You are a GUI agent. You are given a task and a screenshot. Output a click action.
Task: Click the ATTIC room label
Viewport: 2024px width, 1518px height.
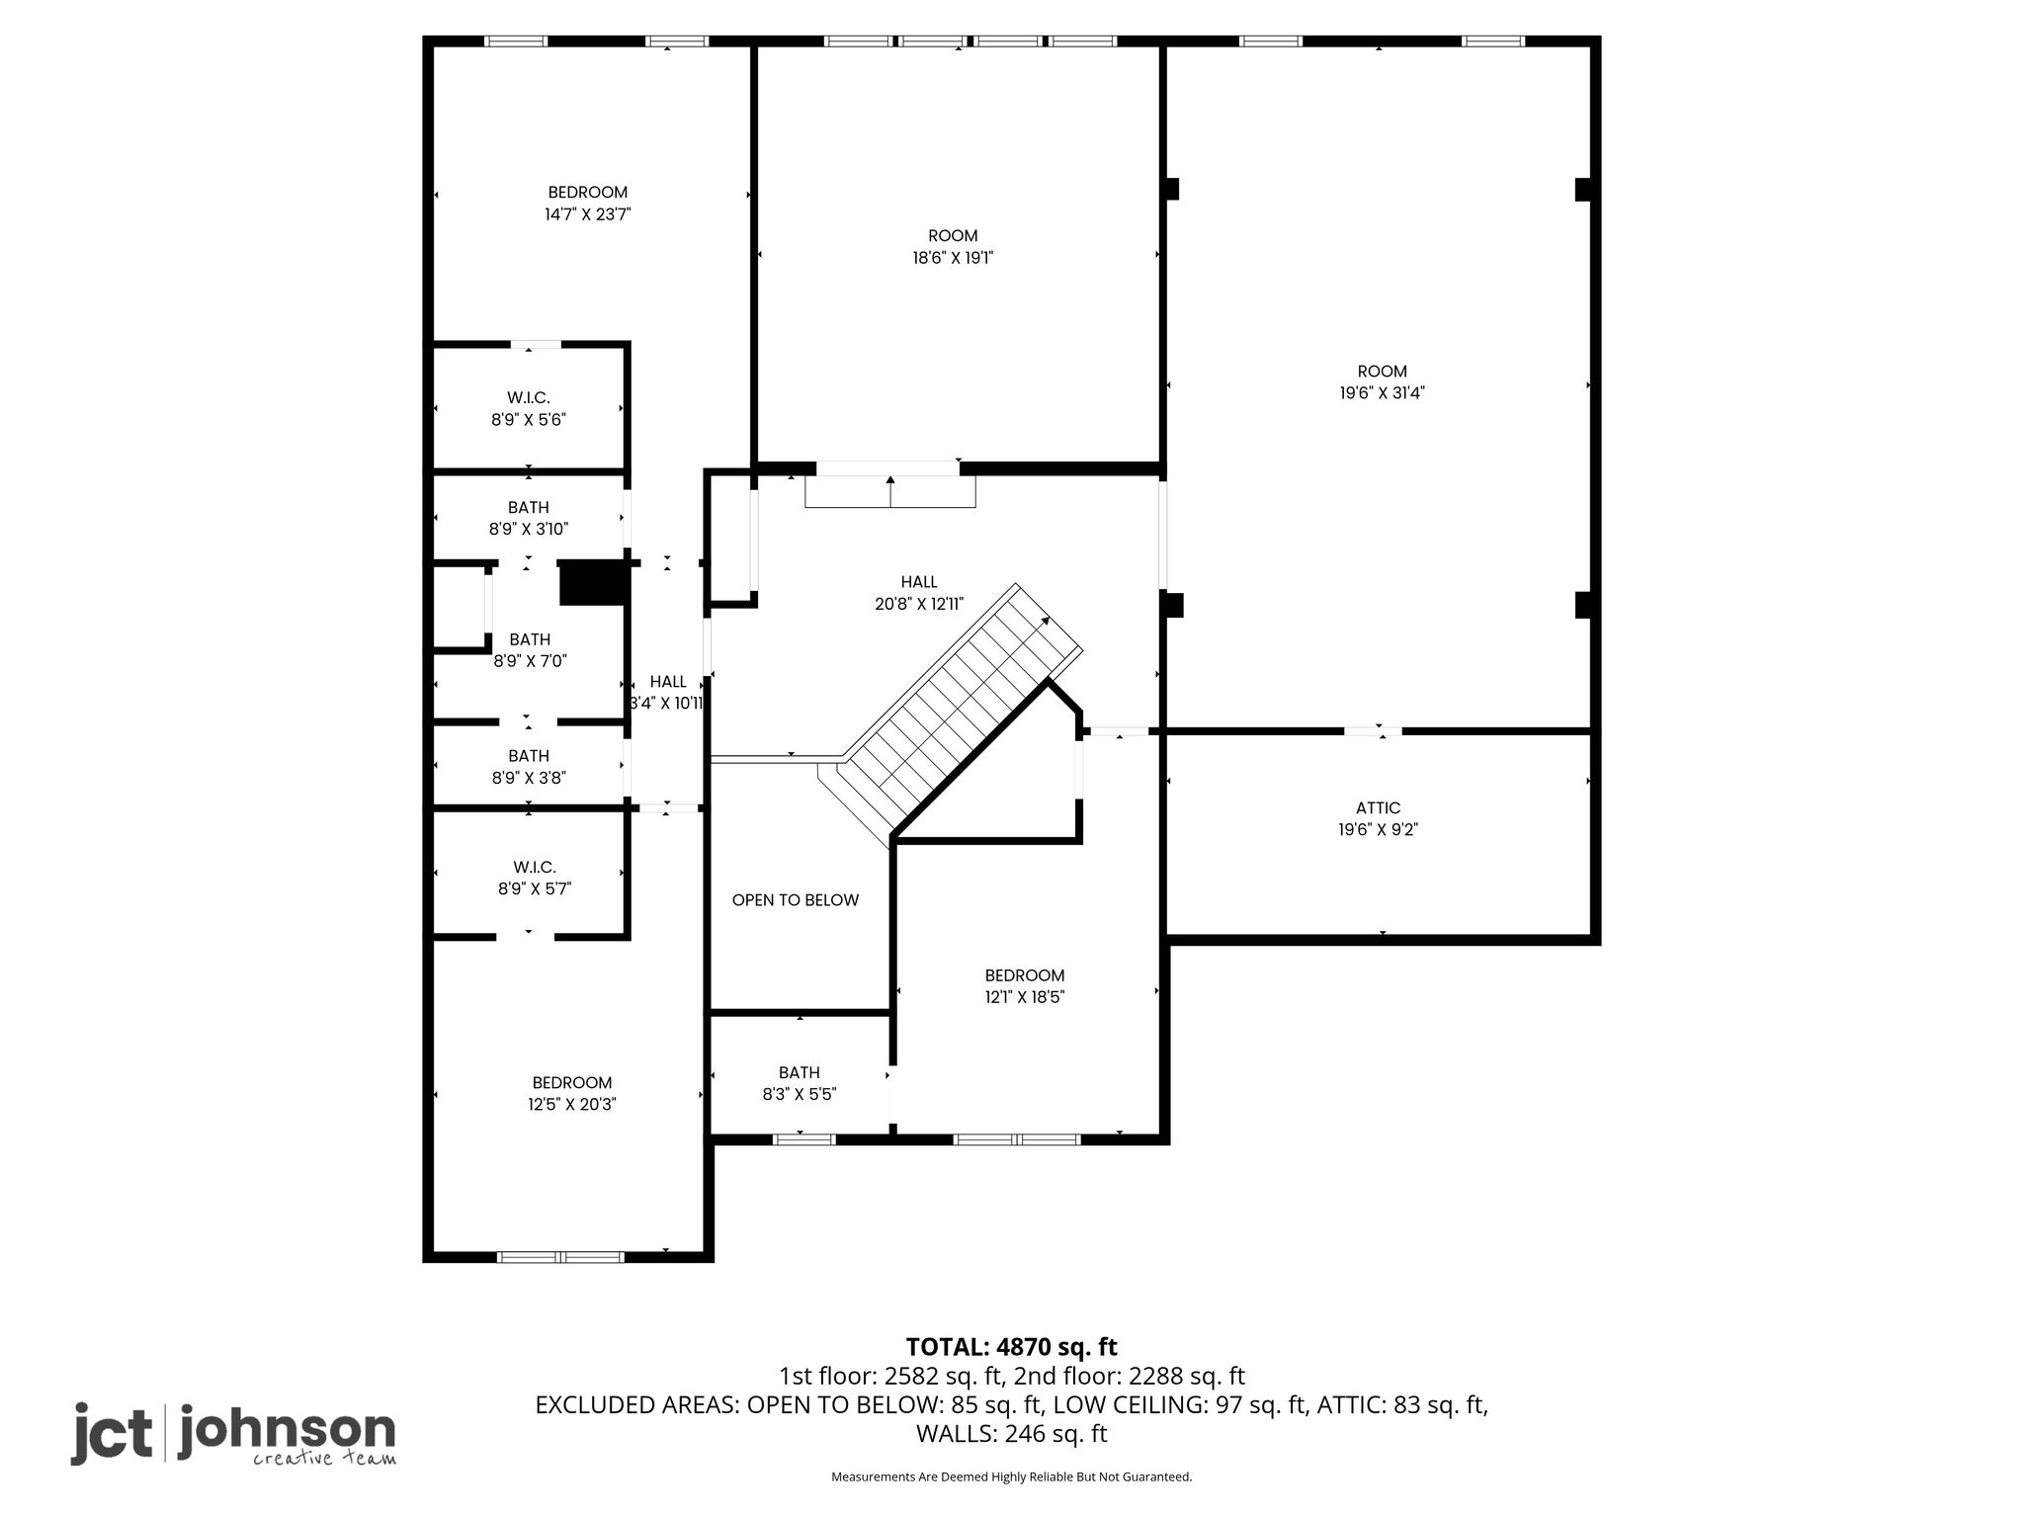click(x=1378, y=808)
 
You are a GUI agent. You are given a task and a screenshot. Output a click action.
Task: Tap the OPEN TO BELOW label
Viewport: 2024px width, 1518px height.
click(x=796, y=900)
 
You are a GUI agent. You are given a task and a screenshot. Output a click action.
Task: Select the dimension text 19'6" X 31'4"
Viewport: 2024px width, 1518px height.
click(x=1382, y=393)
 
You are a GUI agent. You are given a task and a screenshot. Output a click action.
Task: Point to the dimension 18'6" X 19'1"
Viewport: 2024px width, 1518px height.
click(x=953, y=258)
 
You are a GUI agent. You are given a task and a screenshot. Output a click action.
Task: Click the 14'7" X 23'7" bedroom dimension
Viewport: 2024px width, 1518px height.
click(x=588, y=214)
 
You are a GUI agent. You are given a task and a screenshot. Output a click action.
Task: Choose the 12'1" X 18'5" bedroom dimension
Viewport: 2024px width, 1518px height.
click(x=1025, y=997)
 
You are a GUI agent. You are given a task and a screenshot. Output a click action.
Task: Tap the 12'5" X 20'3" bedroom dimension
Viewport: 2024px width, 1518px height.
click(x=572, y=1105)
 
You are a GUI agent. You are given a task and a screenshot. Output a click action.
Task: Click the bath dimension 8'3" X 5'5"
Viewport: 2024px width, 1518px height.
click(x=800, y=1094)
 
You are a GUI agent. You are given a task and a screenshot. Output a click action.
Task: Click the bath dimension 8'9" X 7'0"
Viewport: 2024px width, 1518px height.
click(x=531, y=661)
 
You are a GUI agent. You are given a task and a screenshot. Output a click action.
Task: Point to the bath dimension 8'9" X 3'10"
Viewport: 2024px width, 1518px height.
click(x=529, y=529)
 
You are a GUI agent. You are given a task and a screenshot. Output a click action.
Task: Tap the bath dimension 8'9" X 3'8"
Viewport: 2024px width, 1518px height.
click(x=529, y=778)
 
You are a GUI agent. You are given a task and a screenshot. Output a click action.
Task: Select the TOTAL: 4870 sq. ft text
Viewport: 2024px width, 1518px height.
click(x=1012, y=1347)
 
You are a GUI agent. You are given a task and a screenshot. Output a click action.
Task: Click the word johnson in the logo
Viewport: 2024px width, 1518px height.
click(x=287, y=1430)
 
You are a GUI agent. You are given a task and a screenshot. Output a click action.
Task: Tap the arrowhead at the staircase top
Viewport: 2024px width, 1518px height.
click(x=1046, y=621)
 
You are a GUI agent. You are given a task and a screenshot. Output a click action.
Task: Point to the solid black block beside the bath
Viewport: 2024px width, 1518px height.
click(x=593, y=583)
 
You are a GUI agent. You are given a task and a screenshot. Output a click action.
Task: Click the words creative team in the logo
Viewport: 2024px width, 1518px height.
click(x=324, y=1459)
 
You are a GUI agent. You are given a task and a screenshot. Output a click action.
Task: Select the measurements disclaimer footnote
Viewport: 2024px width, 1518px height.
click(x=1012, y=1476)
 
